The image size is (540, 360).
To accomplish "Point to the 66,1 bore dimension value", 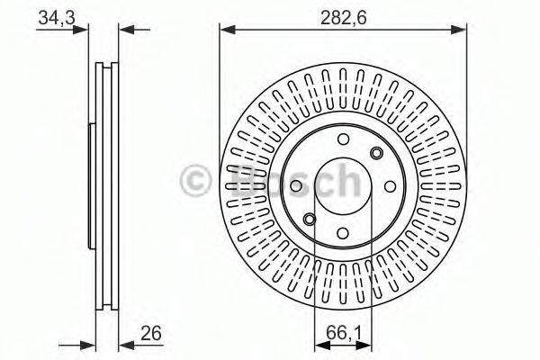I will (x=338, y=334).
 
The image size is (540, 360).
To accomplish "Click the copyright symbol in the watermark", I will (x=195, y=180).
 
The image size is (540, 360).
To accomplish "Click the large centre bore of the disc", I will (x=342, y=185).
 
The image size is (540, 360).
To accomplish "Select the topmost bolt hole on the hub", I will (x=343, y=139).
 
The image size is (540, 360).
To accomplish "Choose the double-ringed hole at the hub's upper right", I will (x=376, y=154).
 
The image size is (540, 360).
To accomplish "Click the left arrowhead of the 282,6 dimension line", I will (x=225, y=29).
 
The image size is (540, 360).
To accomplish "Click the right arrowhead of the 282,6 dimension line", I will (x=461, y=29).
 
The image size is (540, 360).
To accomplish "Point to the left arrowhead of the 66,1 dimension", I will (x=318, y=345).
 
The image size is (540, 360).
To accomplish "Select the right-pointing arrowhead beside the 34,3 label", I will (x=84, y=29).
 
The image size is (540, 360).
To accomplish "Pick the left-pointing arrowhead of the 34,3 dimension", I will (x=125, y=29).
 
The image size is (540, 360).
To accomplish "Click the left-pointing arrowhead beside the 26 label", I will (x=125, y=345).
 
